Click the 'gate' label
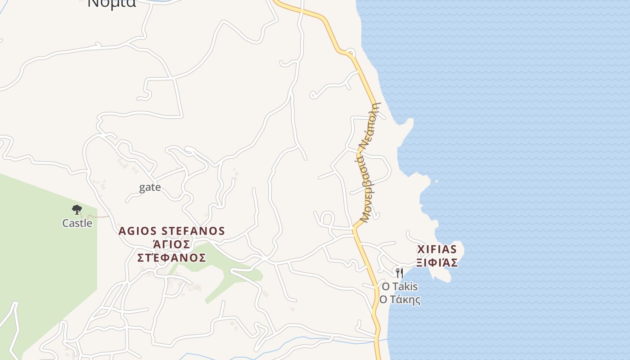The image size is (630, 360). (x=150, y=187)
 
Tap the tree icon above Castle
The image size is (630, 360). (x=77, y=209)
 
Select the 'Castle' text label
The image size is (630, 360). (x=77, y=223)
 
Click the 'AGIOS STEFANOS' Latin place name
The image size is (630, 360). (x=171, y=231)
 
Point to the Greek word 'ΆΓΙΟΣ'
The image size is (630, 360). (x=171, y=244)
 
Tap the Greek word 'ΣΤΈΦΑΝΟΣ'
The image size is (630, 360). (x=171, y=258)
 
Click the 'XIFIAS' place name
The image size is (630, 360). (x=437, y=249)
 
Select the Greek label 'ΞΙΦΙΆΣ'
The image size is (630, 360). (x=437, y=263)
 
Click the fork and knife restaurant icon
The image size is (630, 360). (x=399, y=273)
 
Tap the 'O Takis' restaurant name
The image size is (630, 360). (x=400, y=287)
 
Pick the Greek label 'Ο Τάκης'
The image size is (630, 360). (x=400, y=300)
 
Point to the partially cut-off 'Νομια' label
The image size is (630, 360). (x=112, y=4)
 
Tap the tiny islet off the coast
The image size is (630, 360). (x=436, y=181)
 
